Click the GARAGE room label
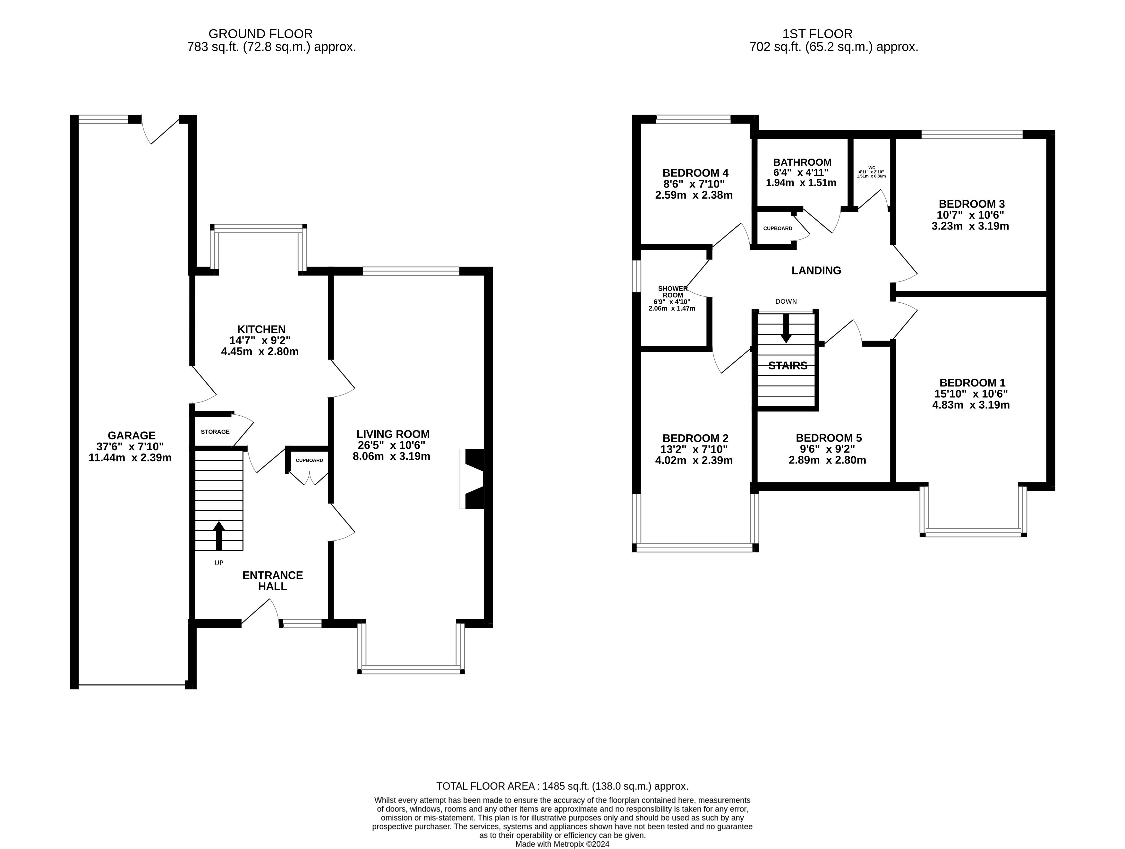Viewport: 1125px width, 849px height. pos(131,436)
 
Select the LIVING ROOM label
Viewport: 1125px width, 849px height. pos(393,434)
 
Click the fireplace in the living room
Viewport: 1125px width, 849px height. pos(472,479)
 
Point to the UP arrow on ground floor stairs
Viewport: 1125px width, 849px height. pos(219,535)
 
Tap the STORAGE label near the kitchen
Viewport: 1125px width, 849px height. pos(215,432)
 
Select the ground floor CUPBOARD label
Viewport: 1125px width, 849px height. pos(309,461)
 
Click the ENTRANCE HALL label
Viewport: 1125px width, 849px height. pos(273,581)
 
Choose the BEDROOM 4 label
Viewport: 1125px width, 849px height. pos(695,173)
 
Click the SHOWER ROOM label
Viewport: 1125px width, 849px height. pos(673,292)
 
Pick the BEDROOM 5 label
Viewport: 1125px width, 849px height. pos(829,438)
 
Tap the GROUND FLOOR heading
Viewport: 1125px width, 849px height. pos(260,34)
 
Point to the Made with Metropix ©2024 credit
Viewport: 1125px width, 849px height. pos(562,844)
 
